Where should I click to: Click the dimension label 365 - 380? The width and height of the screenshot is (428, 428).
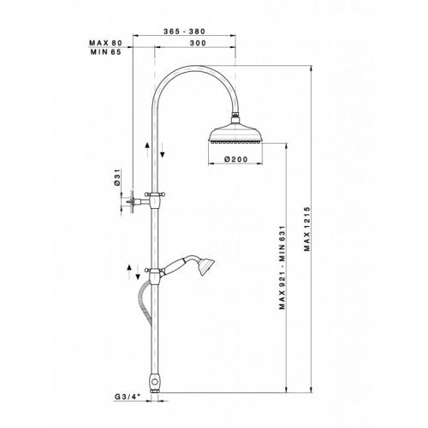[x=184, y=32]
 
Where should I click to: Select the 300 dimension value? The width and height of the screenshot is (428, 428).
[x=198, y=43]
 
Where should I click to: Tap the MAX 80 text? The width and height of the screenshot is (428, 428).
[x=105, y=43]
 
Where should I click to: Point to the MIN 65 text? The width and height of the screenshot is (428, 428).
[x=106, y=52]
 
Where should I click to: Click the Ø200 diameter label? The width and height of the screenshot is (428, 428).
[x=236, y=159]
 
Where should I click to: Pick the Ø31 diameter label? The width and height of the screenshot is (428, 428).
[x=117, y=177]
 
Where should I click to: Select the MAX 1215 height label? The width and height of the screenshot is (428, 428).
[x=307, y=229]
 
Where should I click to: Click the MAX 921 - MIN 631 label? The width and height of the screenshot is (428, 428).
[x=282, y=267]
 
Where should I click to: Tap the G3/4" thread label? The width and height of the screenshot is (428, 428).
[x=127, y=396]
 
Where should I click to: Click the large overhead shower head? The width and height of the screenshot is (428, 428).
[x=235, y=134]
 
